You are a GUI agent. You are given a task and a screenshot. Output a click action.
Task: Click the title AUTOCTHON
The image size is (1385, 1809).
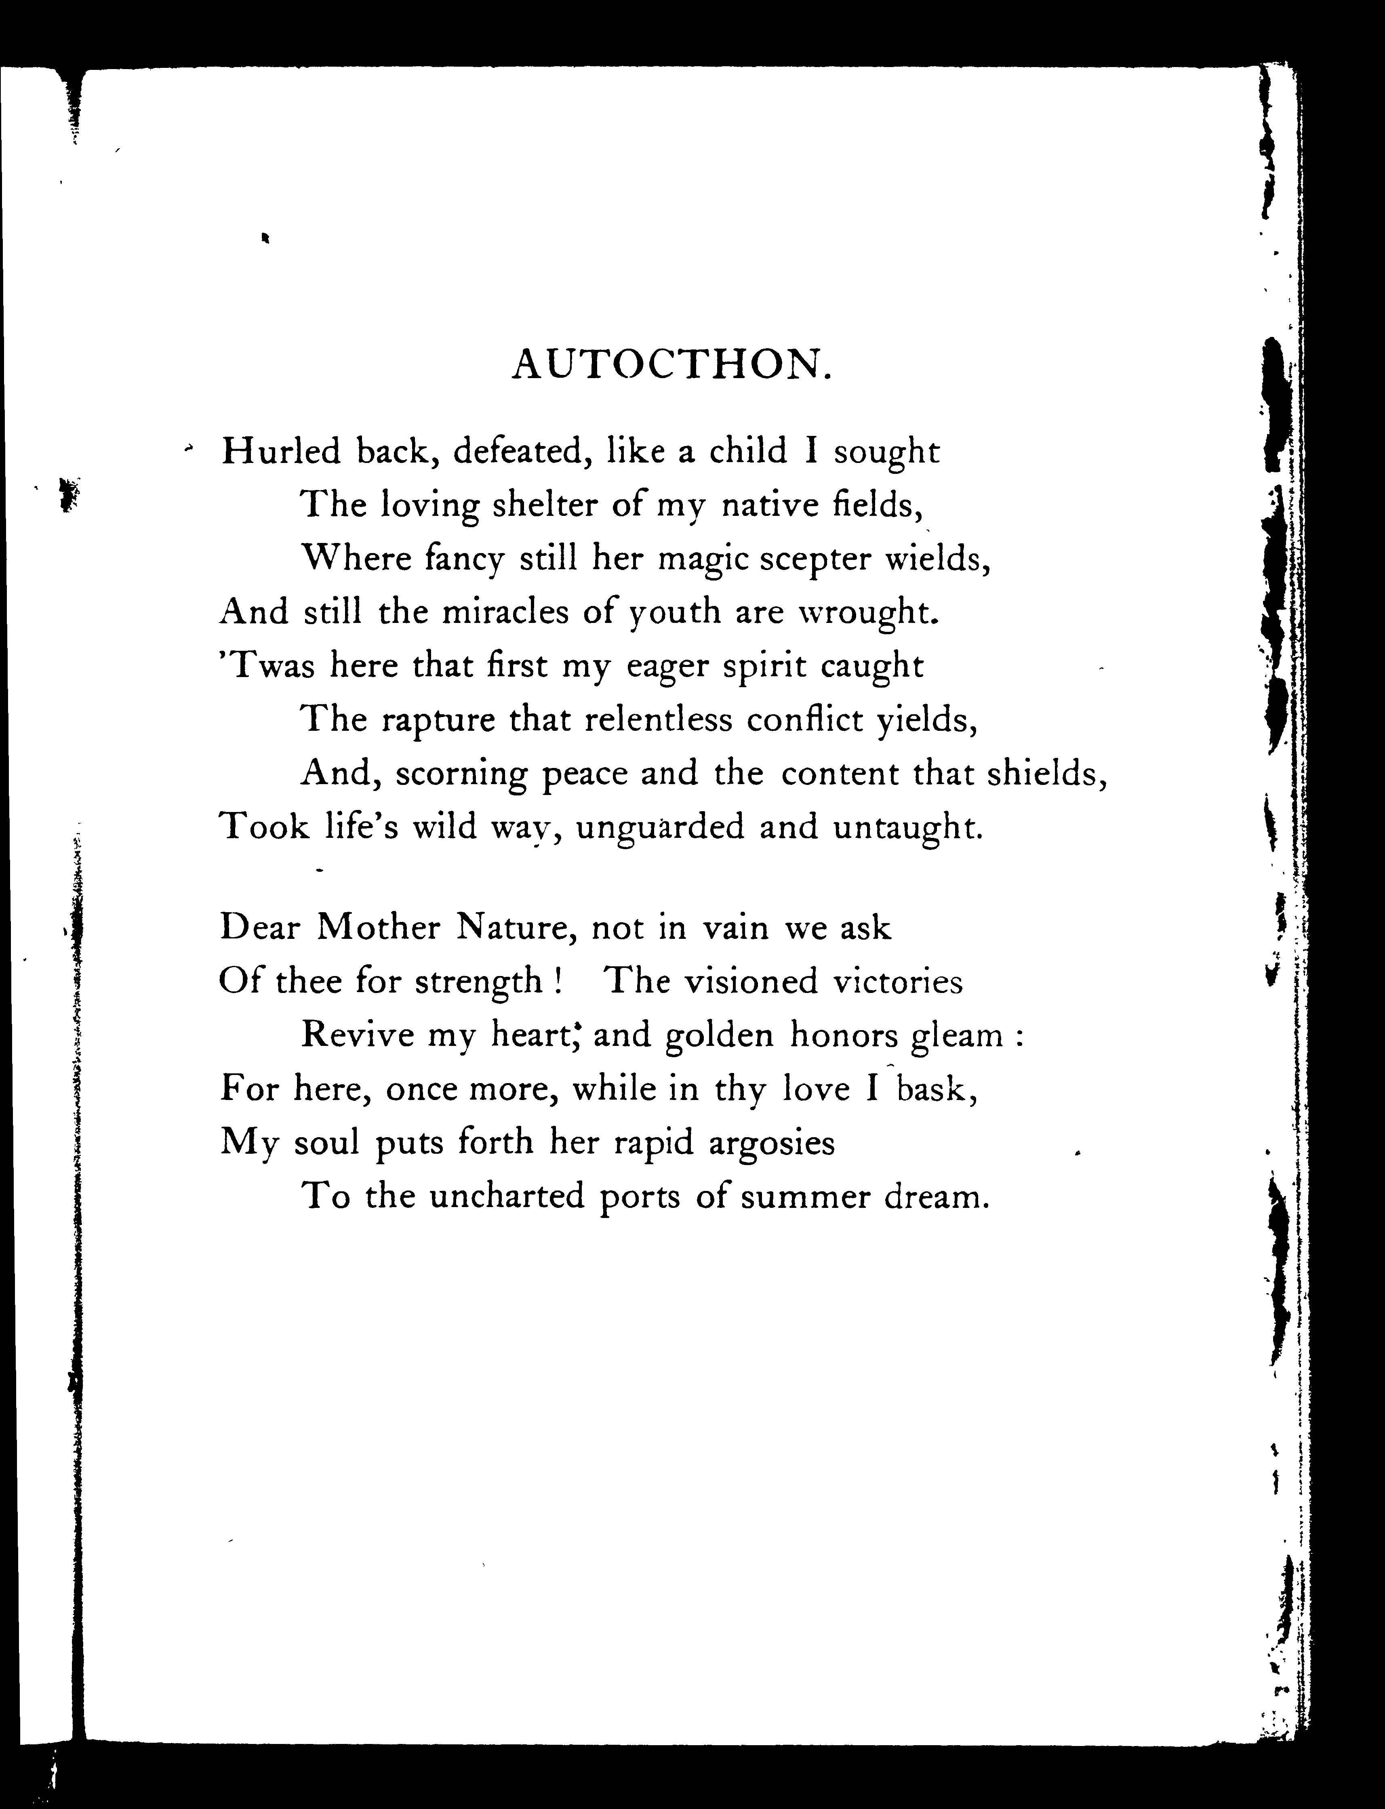[x=669, y=364]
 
